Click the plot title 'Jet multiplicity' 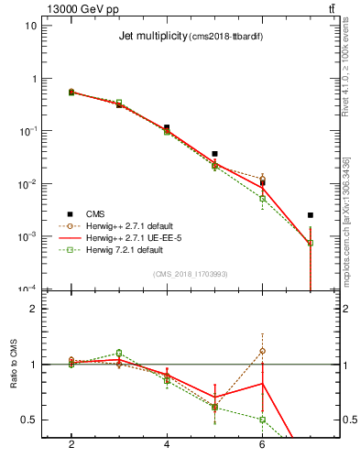click(x=152, y=37)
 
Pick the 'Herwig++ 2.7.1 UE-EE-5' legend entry click(x=131, y=236)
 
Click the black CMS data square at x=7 click(x=310, y=215)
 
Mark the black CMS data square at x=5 click(x=214, y=154)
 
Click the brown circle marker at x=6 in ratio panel click(x=262, y=351)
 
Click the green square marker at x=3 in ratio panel click(x=119, y=353)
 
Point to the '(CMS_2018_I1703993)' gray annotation click(x=190, y=273)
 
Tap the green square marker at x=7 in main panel click(x=310, y=243)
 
